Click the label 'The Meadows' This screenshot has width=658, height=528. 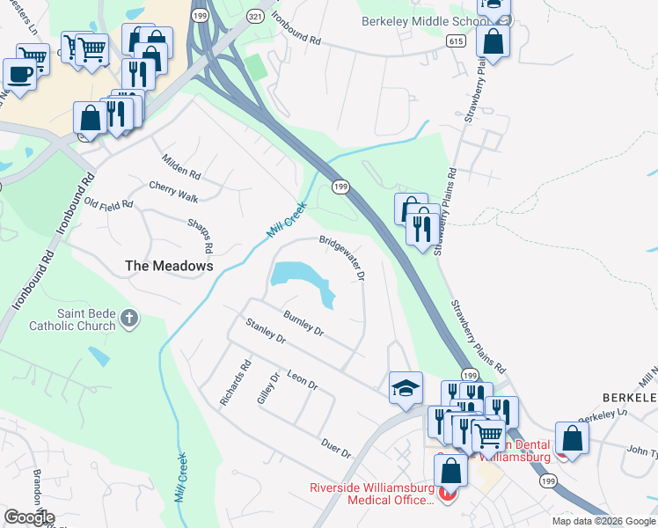coord(169,265)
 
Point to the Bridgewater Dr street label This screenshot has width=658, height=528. coord(342,256)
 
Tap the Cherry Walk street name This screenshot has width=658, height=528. coord(173,192)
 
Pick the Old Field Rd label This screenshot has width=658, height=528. coord(108,204)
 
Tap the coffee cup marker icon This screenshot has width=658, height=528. coord(18,73)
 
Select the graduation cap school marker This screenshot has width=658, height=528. coord(406,386)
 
